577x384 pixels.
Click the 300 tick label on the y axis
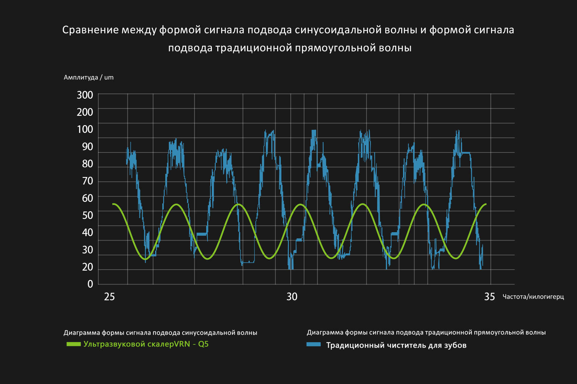[x=85, y=95]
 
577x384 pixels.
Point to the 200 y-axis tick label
[x=85, y=112]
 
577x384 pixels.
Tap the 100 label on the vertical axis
[x=85, y=129]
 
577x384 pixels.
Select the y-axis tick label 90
[x=87, y=147]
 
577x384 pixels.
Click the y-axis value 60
[x=87, y=198]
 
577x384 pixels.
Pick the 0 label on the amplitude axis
[x=90, y=284]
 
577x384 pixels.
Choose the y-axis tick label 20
[x=87, y=267]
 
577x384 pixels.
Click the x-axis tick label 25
[x=109, y=297]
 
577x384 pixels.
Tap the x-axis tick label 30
[x=292, y=297]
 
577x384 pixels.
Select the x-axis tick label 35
[x=490, y=297]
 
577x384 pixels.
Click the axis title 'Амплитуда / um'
[x=89, y=77]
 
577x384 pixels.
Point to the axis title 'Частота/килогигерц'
[x=533, y=297]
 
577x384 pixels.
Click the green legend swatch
[x=74, y=344]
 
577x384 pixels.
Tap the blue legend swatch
[x=313, y=344]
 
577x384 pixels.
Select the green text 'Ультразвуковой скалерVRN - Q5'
[x=146, y=344]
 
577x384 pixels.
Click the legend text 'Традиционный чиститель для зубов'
[x=396, y=345]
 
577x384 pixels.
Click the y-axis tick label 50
[x=87, y=215]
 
